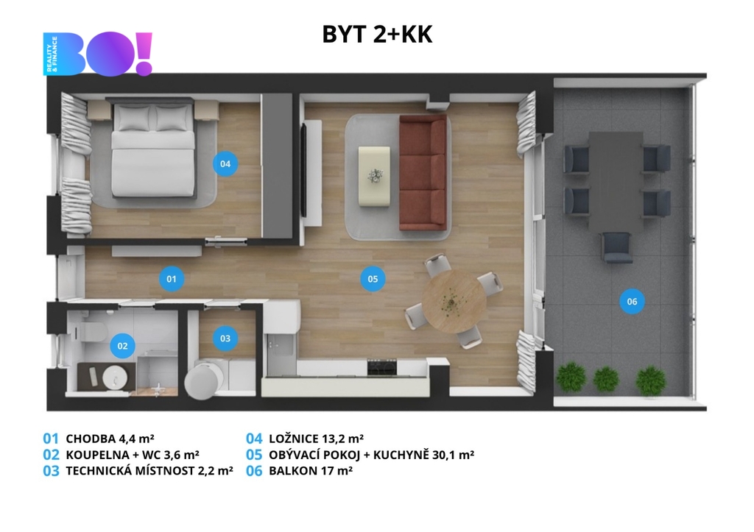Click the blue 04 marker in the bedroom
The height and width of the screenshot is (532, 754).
coord(225,164)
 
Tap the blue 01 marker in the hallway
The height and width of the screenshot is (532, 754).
coord(171,279)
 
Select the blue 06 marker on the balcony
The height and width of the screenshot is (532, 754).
coord(632,302)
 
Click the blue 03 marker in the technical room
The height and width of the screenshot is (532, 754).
coord(225,338)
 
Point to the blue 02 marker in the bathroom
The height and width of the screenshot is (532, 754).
coord(122,346)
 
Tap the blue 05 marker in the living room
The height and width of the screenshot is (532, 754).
coord(373,279)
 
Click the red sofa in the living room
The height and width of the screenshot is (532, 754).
coord(423,172)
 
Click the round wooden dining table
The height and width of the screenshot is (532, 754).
coord(454,302)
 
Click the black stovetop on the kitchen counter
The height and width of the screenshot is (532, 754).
coord(382,368)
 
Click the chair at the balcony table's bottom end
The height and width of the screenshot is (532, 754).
coord(618,248)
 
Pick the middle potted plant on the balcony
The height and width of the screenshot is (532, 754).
coord(606,379)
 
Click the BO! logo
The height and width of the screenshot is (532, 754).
coord(98,53)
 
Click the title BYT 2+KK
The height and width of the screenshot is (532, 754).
coord(377,35)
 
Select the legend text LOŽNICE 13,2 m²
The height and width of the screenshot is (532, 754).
coord(316,439)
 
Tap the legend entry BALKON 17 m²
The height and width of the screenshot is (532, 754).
coord(311,471)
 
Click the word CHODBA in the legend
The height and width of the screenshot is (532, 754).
coord(91,439)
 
